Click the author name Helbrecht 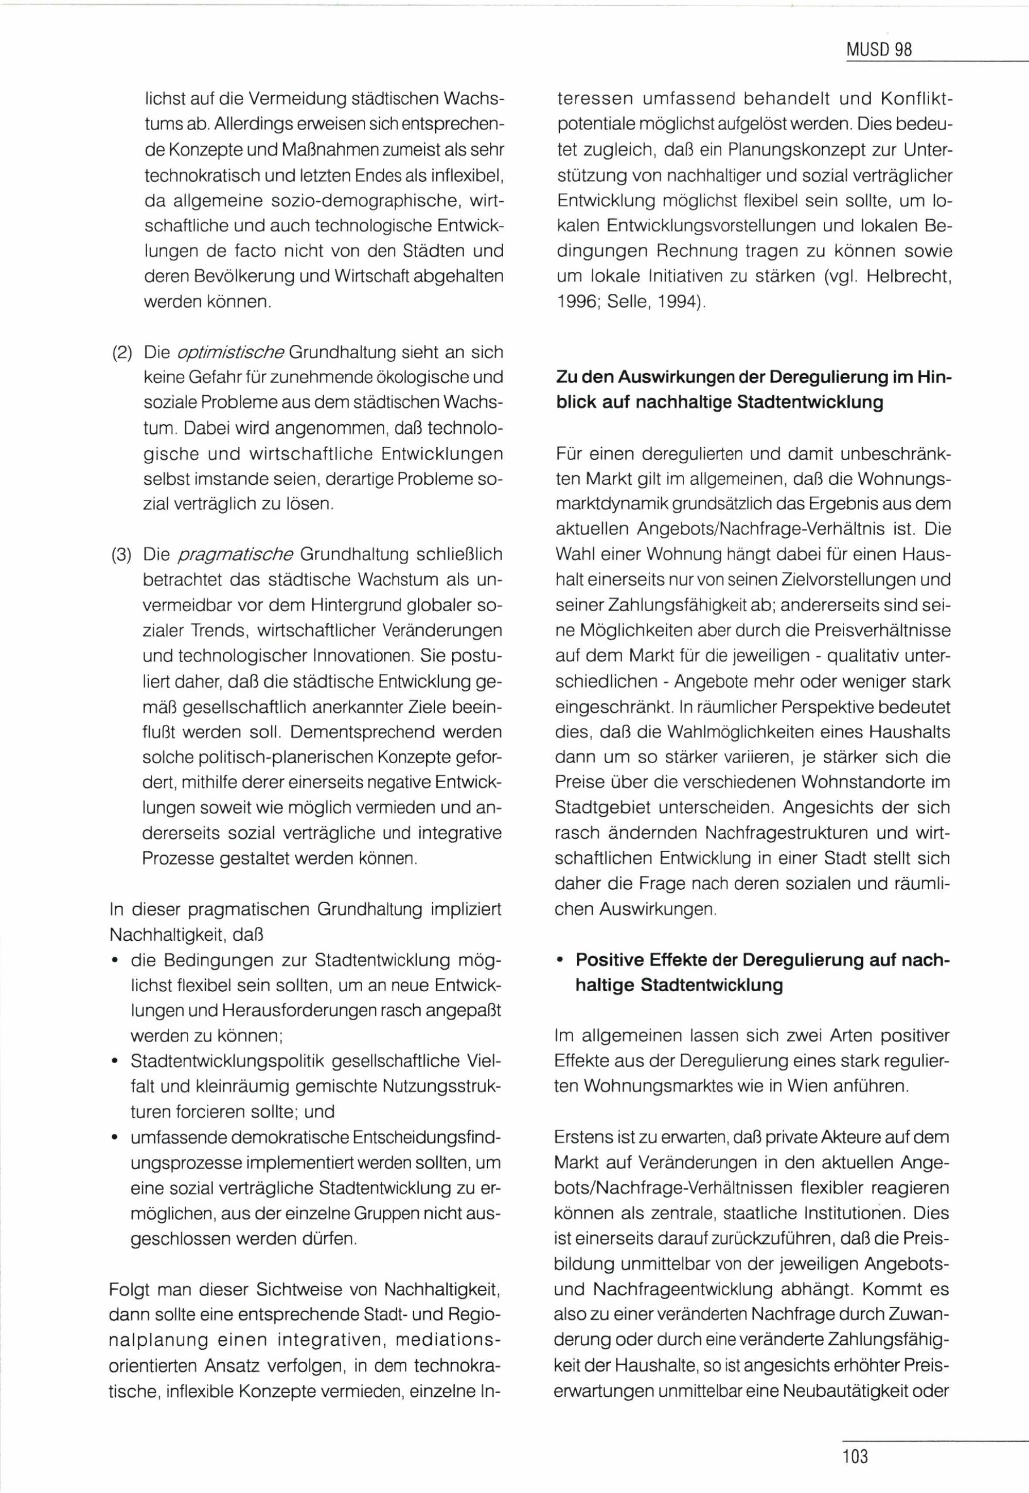[x=909, y=277]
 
